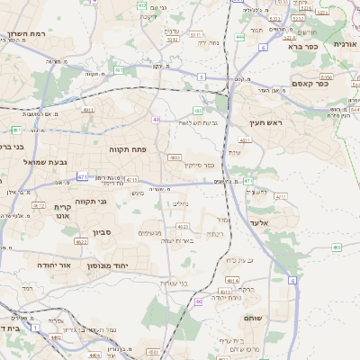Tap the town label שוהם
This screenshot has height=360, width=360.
coord(253,319)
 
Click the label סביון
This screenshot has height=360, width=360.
coord(101,232)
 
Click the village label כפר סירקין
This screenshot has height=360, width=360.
coord(201,165)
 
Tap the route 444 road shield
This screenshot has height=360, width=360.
coord(239,37)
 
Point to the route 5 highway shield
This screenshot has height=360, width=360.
coord(202,77)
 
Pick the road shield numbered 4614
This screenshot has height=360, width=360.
coord(233,281)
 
